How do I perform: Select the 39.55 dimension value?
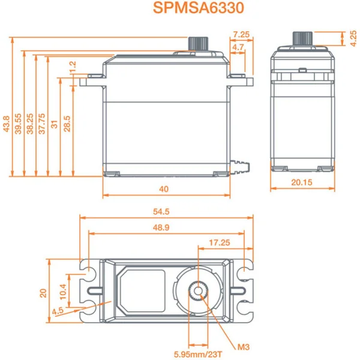click(x=18, y=123)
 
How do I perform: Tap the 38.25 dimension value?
click(x=30, y=124)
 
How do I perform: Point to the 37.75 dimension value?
click(x=42, y=124)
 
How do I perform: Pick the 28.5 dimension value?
click(x=67, y=124)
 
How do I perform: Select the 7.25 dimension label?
click(x=242, y=34)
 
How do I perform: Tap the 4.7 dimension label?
click(x=238, y=47)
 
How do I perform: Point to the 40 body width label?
click(x=164, y=189)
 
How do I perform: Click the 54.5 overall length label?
click(x=163, y=212)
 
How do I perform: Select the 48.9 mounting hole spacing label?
click(x=163, y=227)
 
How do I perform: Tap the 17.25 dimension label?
click(x=220, y=242)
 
